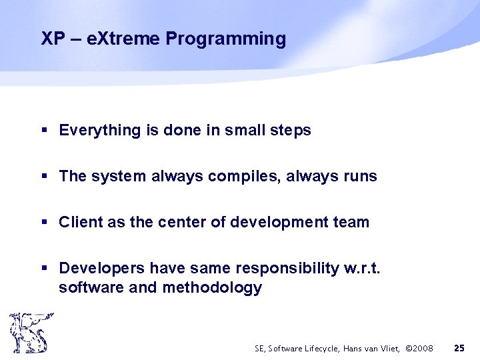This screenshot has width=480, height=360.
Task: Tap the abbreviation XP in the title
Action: [53, 39]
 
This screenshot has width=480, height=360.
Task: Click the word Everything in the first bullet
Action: [99, 131]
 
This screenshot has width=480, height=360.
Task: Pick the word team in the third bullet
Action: [350, 223]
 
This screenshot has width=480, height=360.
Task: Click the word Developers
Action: [102, 268]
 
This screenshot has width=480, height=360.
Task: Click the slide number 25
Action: [459, 348]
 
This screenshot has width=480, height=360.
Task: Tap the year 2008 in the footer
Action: [421, 348]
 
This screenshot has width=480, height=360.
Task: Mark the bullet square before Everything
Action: [45, 131]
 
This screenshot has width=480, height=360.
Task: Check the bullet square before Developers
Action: [45, 269]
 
